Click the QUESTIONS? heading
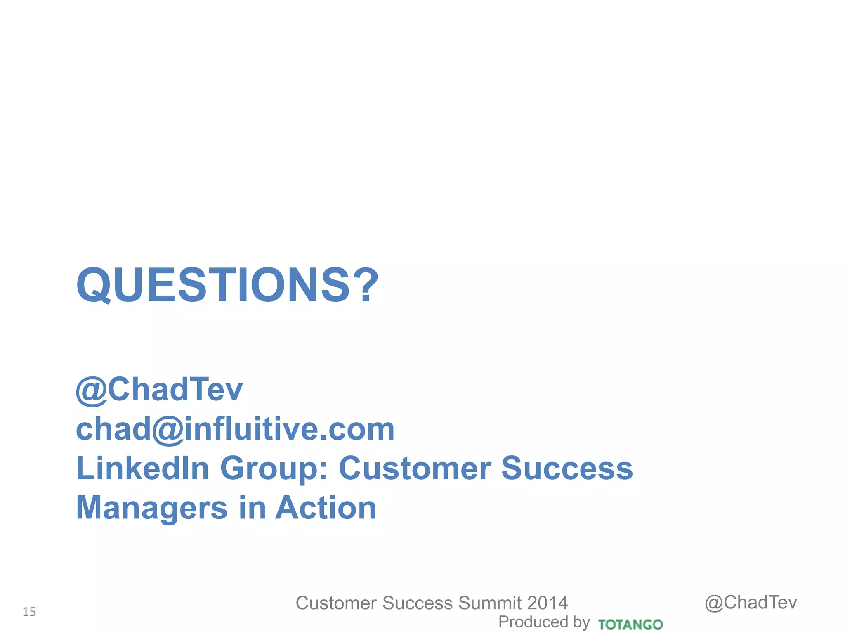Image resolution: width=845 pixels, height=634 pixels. click(x=227, y=285)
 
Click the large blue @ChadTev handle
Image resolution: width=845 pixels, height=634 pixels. click(x=159, y=389)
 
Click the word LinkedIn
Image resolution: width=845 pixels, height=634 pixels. click(x=143, y=468)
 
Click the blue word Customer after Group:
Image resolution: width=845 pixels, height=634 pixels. click(x=415, y=468)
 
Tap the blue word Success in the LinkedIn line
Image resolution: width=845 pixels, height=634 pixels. click(x=567, y=468)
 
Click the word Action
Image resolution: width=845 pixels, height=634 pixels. click(x=326, y=508)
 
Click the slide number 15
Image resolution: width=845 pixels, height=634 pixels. click(x=29, y=612)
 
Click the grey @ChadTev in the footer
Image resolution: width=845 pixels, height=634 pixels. click(x=751, y=603)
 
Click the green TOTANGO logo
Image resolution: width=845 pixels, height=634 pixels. click(x=630, y=625)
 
